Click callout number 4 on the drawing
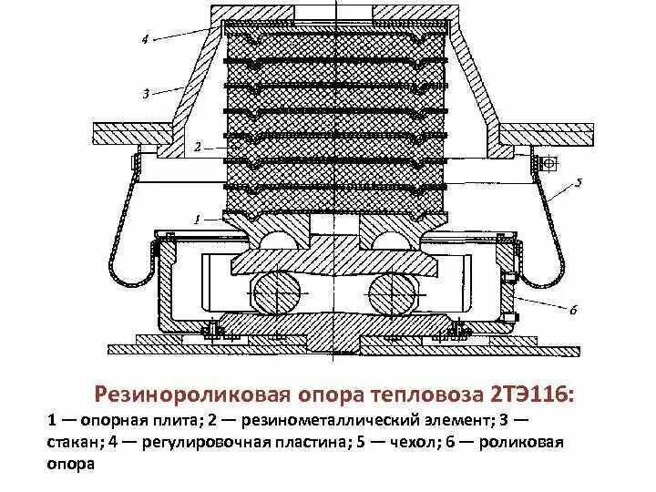click(x=144, y=38)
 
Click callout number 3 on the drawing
click(x=145, y=94)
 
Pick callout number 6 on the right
click(x=573, y=310)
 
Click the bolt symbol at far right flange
click(x=550, y=163)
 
